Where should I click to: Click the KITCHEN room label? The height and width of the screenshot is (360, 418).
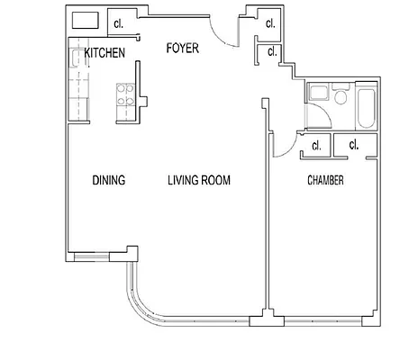click(x=104, y=54)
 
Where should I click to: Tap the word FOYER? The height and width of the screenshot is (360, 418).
click(x=182, y=48)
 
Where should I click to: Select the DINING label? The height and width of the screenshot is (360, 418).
click(x=108, y=181)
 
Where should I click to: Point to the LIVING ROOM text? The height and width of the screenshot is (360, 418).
click(x=199, y=181)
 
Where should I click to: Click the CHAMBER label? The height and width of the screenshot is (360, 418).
click(x=326, y=181)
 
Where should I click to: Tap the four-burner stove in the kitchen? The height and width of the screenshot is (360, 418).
click(x=124, y=95)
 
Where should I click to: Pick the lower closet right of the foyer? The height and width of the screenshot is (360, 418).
click(x=269, y=53)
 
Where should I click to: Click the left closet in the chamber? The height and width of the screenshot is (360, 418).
click(x=315, y=144)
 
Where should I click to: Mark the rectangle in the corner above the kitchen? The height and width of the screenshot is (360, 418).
click(x=86, y=22)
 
